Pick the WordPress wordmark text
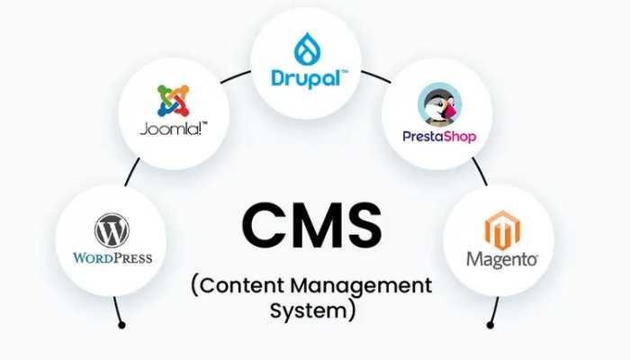click(x=112, y=258)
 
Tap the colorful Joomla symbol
click(x=173, y=101)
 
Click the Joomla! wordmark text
click(x=174, y=130)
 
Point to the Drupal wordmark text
click(x=306, y=77)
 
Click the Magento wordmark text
click(x=502, y=259)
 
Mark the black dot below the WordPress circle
click(x=121, y=324)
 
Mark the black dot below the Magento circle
click(x=490, y=324)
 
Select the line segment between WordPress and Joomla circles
click(x=131, y=171)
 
